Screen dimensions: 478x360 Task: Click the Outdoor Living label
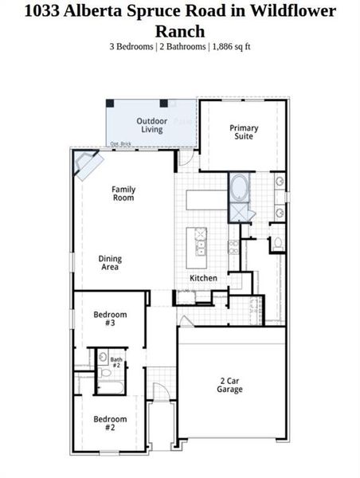pos(151,125)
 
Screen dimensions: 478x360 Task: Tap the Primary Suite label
pos(244,131)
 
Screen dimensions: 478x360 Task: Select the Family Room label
pos(123,193)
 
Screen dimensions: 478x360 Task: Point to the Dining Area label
pos(110,263)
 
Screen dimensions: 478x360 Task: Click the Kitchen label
pos(203,278)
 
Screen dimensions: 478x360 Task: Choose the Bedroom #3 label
pos(110,319)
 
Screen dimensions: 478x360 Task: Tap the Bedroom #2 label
pos(110,423)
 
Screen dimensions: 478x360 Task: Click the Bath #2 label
pos(115,362)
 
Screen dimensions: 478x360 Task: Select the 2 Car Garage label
pos(230,386)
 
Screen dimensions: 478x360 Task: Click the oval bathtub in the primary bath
pos(238,187)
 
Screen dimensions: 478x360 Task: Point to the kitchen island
pos(197,248)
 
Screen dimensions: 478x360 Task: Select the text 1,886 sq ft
pos(231,47)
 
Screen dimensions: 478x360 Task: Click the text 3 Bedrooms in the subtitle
pos(131,47)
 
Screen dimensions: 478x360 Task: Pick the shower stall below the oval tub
pos(239,211)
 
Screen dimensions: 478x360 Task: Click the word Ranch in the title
pos(180,32)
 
